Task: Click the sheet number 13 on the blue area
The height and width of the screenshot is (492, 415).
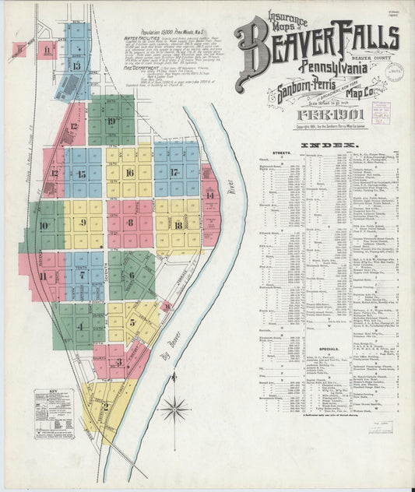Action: point(76,66)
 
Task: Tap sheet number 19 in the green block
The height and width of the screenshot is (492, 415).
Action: point(111,121)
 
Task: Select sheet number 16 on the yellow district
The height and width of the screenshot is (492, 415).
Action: point(129,172)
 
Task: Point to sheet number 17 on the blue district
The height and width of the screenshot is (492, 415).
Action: point(174,172)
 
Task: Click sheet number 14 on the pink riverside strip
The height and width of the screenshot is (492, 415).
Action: point(210,195)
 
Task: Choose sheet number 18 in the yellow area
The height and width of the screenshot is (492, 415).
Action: point(178,225)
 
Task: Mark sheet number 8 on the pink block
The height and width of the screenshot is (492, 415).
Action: point(129,223)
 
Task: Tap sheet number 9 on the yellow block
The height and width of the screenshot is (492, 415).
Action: point(83,223)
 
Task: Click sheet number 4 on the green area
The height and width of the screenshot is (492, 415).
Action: point(80,326)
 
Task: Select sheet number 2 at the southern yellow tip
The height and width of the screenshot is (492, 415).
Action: point(105,406)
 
